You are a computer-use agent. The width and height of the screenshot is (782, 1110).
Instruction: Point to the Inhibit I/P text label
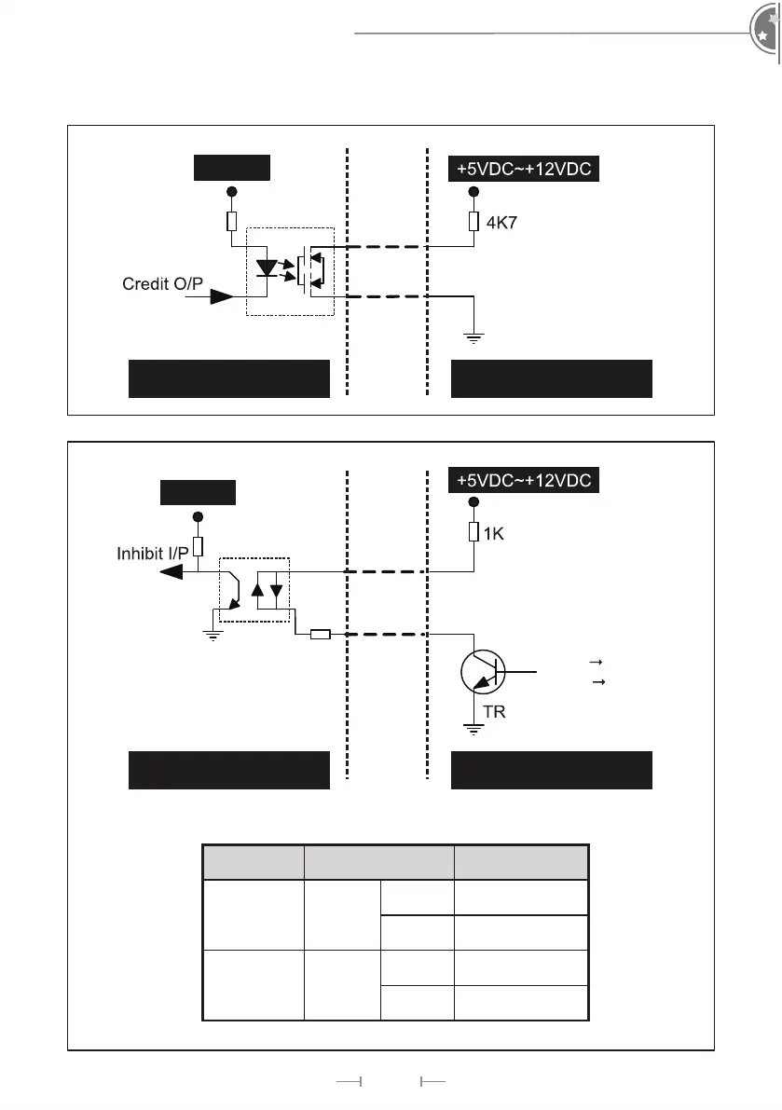(x=151, y=554)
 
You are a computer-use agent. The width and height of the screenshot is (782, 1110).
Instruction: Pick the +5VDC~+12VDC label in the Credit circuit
(x=524, y=170)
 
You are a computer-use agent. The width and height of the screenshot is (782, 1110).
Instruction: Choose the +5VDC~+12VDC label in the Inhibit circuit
(x=524, y=481)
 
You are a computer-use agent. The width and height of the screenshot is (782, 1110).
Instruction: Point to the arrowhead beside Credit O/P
(x=222, y=296)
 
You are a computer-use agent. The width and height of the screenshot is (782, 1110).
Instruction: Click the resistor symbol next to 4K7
(x=473, y=222)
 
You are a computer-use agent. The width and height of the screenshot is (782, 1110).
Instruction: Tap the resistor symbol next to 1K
(x=473, y=532)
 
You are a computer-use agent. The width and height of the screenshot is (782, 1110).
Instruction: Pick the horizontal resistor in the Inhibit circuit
(x=320, y=635)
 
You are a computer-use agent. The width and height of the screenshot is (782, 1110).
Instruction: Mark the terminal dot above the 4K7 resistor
(x=473, y=193)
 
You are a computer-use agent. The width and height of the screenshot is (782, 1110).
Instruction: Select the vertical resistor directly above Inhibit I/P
(x=197, y=547)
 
